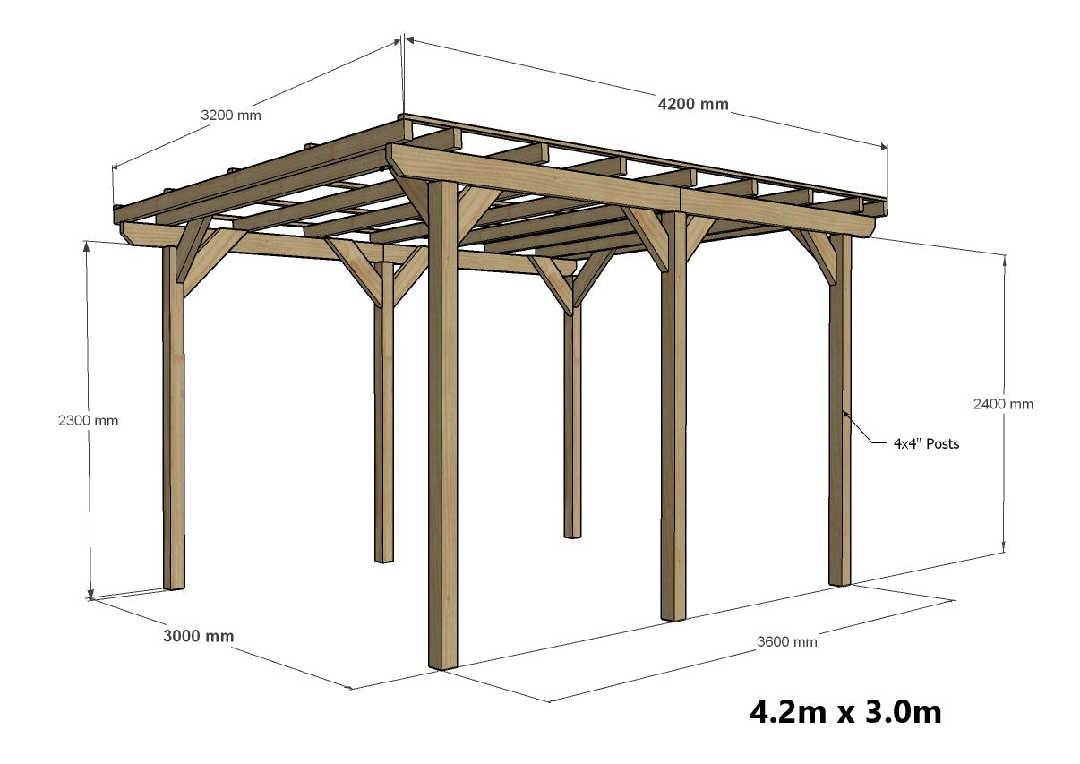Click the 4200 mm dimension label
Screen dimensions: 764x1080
(x=693, y=104)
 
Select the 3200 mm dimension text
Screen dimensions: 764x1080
(x=231, y=115)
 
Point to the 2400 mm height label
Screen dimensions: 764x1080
(x=1003, y=404)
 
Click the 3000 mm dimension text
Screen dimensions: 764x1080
(x=198, y=636)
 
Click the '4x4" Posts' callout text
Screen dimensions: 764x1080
(x=926, y=443)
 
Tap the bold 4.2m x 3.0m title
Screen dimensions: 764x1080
(x=845, y=712)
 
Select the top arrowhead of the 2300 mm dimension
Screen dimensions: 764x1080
(x=87, y=245)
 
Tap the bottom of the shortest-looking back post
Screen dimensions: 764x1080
(x=572, y=535)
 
